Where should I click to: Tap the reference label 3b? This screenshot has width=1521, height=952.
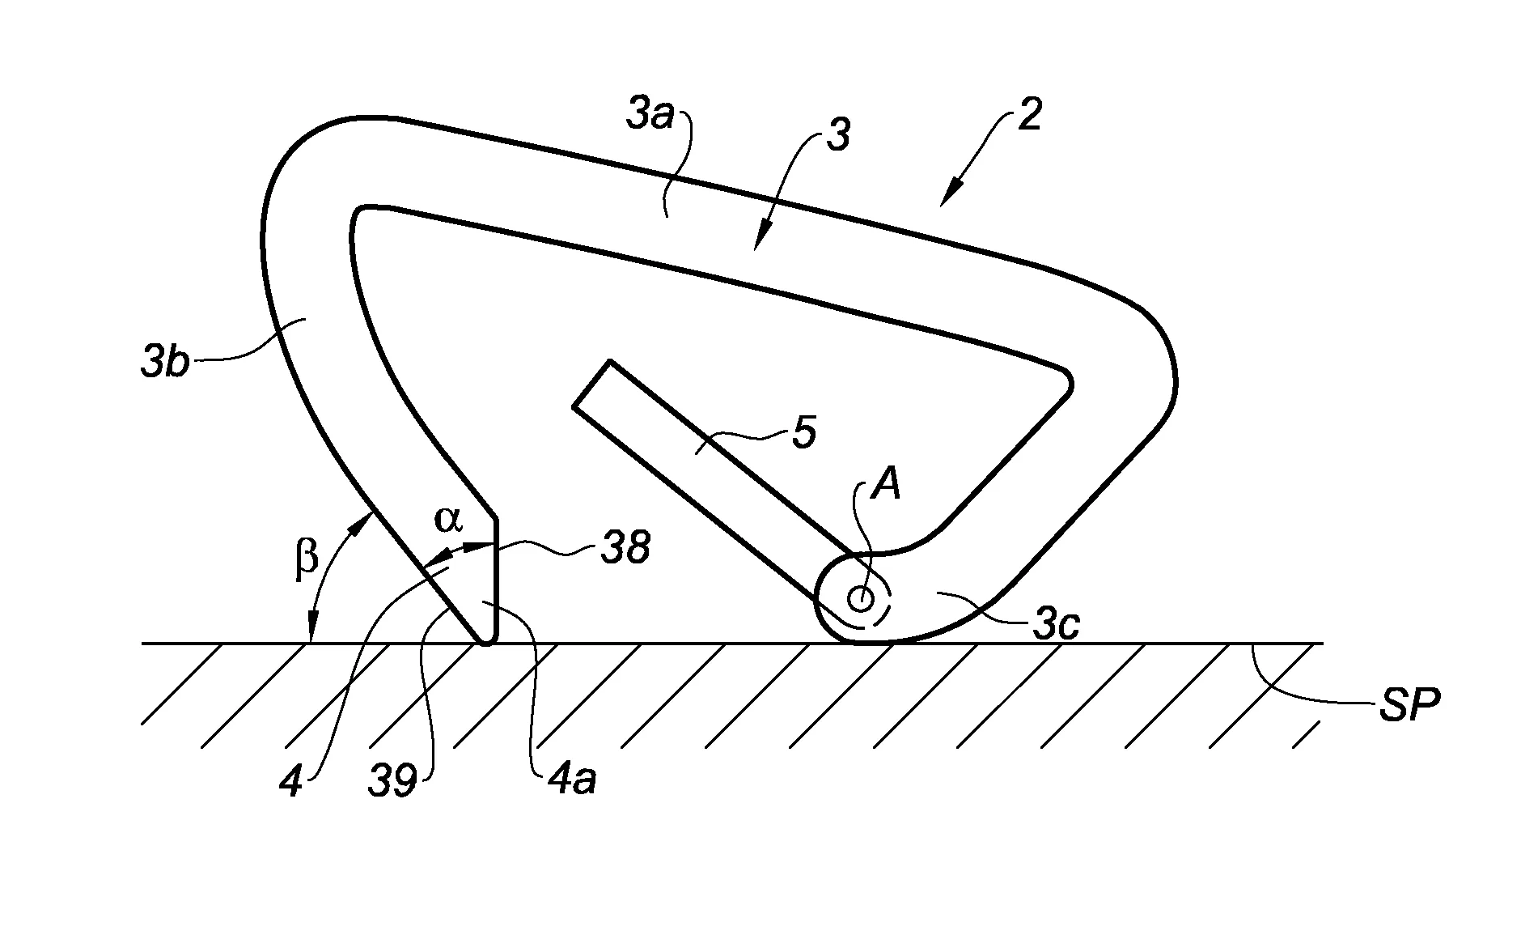point(164,363)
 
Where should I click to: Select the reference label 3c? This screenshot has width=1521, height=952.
point(1057,624)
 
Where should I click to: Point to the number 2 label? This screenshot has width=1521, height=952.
point(1029,117)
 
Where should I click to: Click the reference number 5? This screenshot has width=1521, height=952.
point(803,433)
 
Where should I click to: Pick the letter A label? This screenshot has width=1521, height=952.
point(885,488)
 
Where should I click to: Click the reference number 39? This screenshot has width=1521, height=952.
point(395,781)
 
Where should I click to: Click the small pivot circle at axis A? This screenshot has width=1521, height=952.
point(860,600)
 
